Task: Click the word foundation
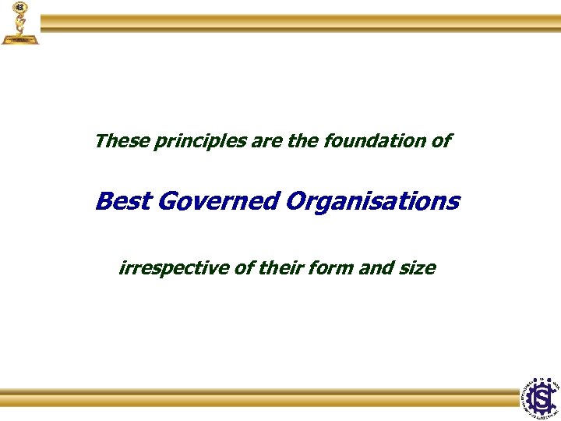click(377, 142)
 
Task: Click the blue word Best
click(122, 201)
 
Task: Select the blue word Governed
click(217, 201)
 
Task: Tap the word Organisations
click(372, 201)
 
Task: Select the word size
click(418, 268)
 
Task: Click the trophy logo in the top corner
click(19, 23)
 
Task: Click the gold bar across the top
click(300, 23)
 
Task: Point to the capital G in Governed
click(167, 201)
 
